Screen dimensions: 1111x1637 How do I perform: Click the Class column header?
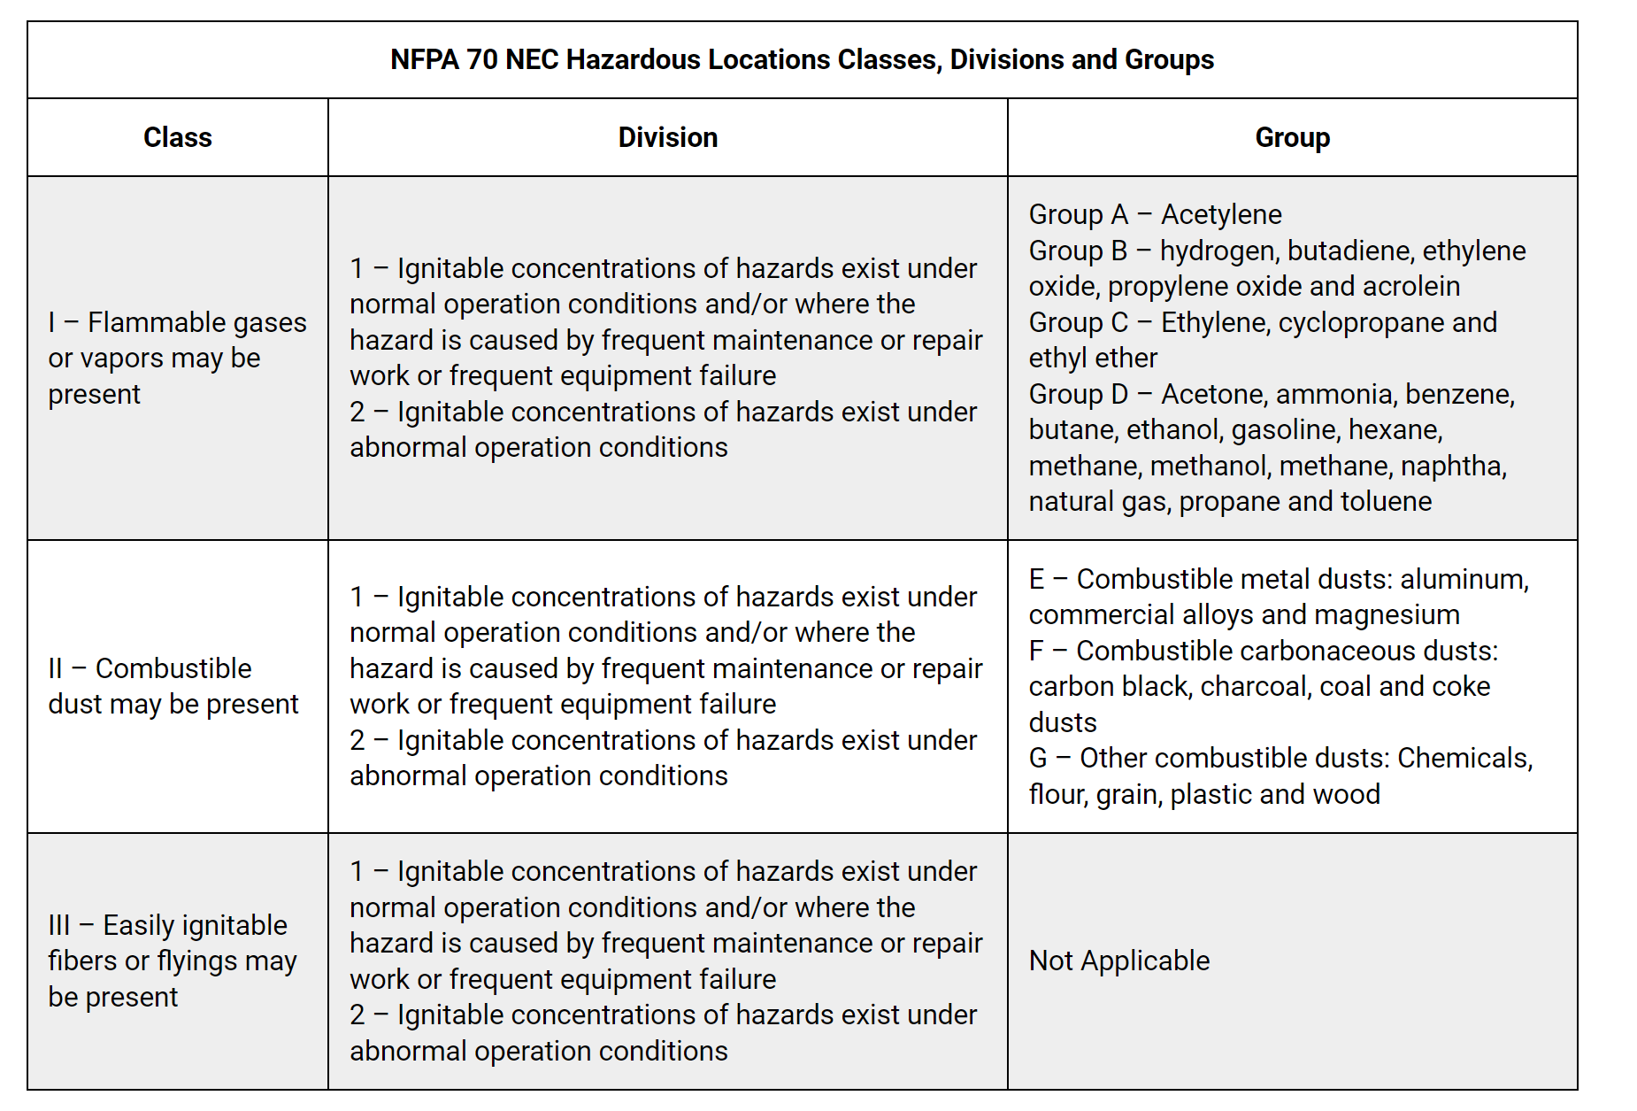tap(177, 138)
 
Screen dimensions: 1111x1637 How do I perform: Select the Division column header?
tap(667, 138)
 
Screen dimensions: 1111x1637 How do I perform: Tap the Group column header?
tap(1292, 138)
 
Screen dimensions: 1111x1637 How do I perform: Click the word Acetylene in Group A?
tap(1221, 215)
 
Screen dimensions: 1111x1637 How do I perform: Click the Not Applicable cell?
tap(1118, 961)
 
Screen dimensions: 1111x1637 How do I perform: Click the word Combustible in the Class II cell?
tap(173, 669)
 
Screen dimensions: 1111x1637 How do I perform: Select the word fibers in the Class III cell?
tap(82, 961)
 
